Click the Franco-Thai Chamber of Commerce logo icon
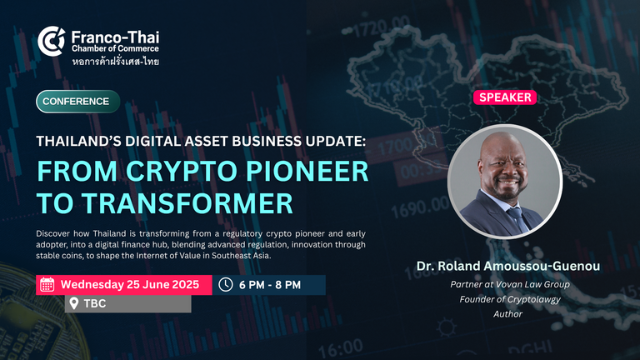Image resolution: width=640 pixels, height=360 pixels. point(51,41)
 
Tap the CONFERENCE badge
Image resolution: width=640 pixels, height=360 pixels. point(78,101)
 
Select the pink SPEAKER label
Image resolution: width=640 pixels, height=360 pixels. point(505,97)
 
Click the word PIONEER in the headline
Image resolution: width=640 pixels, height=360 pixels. point(307,171)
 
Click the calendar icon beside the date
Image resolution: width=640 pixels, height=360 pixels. point(47,284)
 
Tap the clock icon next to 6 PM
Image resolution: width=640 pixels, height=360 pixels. point(225,284)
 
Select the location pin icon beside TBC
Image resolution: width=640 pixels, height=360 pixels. point(74,303)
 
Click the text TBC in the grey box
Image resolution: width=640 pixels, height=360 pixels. point(95,303)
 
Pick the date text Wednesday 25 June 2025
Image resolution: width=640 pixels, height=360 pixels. point(130,284)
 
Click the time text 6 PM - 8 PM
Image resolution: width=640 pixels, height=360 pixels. point(270,285)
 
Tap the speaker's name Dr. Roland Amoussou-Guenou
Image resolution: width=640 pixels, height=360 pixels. point(508,266)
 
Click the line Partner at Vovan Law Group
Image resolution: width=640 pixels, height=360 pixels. point(510,284)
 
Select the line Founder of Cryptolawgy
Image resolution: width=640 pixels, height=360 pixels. point(510,300)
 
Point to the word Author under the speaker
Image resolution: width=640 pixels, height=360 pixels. point(507,314)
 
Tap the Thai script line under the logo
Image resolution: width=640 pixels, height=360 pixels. point(116,62)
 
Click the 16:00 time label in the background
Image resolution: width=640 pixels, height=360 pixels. point(340,348)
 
